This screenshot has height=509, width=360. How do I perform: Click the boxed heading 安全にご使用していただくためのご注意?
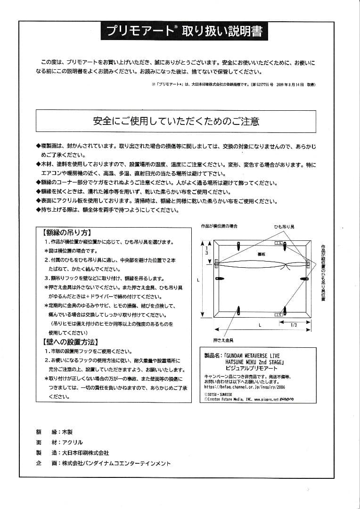176,121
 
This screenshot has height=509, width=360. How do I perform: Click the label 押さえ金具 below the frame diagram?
223,339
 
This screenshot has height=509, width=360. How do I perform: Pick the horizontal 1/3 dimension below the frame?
293,325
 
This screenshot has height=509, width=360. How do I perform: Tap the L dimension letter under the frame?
260,325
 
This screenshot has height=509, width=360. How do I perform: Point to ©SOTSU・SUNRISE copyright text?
218,393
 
